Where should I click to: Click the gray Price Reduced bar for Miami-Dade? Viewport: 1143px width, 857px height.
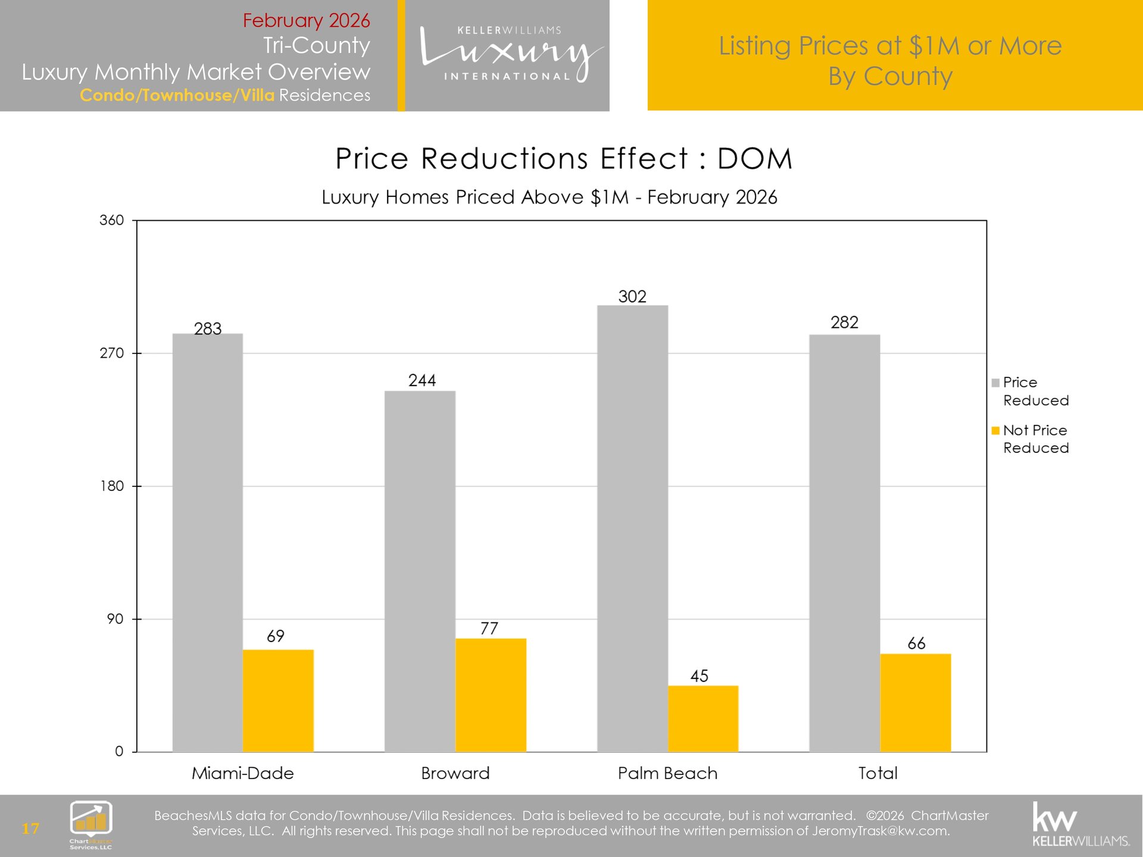[x=207, y=542]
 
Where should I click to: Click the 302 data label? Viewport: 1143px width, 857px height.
[x=632, y=296]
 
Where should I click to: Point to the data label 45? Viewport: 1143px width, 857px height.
[x=699, y=676]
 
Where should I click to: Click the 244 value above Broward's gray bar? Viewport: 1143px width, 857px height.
[x=422, y=380]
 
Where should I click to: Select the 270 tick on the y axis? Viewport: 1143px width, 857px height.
[x=112, y=354]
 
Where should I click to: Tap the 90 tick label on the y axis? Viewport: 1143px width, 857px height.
[x=115, y=619]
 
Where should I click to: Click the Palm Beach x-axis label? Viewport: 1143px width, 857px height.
[x=667, y=773]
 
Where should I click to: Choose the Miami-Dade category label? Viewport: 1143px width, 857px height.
[x=242, y=773]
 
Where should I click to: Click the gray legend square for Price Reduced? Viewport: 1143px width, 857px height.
[x=995, y=383]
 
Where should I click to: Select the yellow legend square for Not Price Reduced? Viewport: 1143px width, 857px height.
[x=995, y=431]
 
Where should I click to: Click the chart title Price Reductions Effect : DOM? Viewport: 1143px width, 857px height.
[x=563, y=159]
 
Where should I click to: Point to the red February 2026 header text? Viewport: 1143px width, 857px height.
[x=306, y=20]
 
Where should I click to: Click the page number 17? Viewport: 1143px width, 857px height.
[x=30, y=828]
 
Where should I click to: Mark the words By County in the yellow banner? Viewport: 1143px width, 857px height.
[x=890, y=76]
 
